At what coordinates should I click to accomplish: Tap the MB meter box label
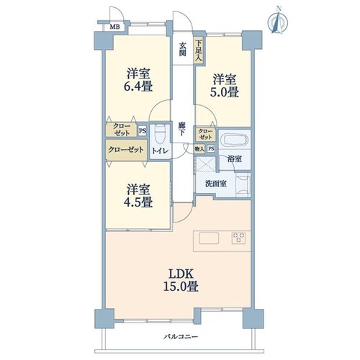click(x=114, y=27)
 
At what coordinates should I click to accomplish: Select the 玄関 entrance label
click(x=183, y=49)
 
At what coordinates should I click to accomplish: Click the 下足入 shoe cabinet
click(x=199, y=50)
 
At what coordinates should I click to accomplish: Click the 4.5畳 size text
click(x=138, y=202)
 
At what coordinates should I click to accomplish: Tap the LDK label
click(x=181, y=274)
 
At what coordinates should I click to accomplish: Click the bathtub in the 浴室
click(x=235, y=140)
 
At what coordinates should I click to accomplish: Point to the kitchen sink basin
click(x=209, y=238)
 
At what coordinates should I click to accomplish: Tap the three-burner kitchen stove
click(x=238, y=238)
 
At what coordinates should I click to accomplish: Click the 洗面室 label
click(x=216, y=184)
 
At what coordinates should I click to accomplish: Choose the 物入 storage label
click(x=199, y=149)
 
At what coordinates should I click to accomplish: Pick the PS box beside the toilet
click(x=143, y=131)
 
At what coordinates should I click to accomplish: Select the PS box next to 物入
click(x=211, y=149)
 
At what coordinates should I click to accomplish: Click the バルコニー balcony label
click(x=181, y=337)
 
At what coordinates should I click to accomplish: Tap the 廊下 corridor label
click(x=181, y=129)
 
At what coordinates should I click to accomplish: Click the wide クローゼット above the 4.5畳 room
click(x=126, y=150)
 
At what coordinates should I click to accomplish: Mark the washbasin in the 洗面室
click(x=243, y=184)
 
